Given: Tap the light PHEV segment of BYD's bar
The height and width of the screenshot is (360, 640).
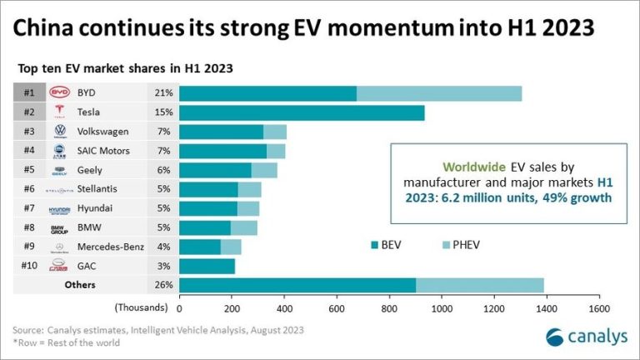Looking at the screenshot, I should tap(439, 92).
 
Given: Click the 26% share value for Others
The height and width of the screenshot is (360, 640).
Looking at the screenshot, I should tap(162, 285).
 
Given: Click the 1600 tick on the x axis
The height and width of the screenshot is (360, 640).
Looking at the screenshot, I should tap(597, 307).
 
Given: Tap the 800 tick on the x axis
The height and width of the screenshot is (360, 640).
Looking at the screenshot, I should tap(388, 307).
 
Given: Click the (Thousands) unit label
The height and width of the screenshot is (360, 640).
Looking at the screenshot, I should tap(141, 307).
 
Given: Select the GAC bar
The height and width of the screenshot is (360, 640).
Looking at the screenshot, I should tap(207, 266).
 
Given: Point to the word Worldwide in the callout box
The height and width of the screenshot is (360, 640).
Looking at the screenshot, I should tap(447, 165).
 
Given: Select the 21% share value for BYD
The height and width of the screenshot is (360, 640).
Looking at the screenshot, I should tap(162, 92).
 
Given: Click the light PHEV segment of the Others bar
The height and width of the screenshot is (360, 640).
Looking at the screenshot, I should tap(479, 285).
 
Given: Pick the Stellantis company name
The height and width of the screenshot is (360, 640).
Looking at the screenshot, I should tap(99, 189).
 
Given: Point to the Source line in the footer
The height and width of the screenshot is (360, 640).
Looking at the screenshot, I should tap(158, 330).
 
